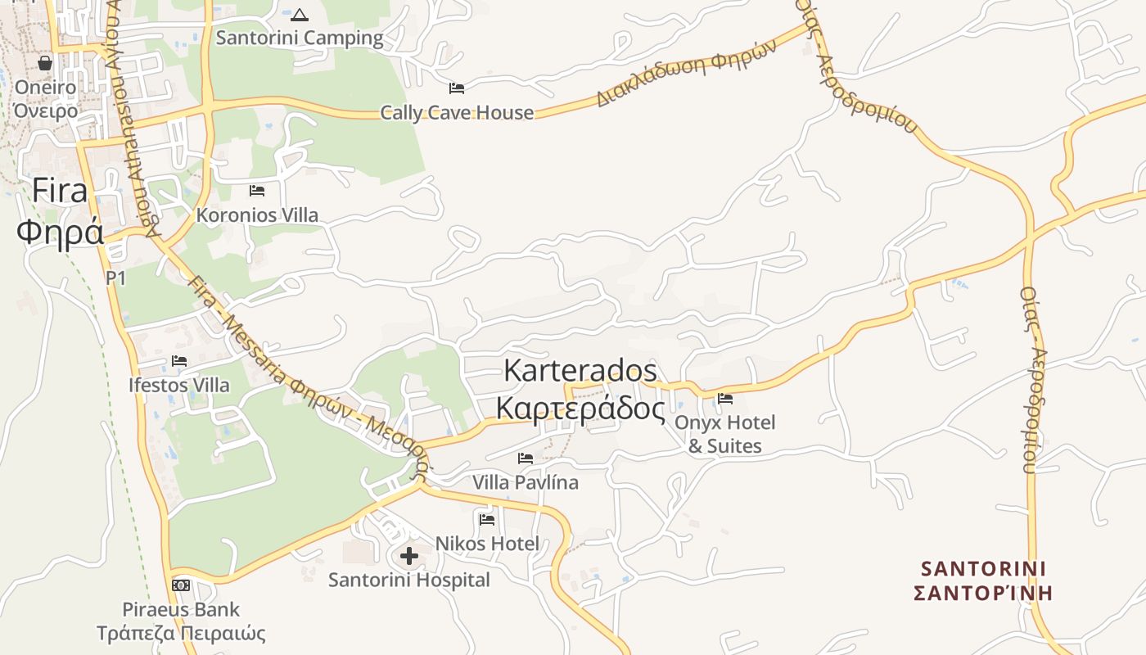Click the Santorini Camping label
[x=300, y=38]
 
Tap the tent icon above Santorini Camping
[x=300, y=15]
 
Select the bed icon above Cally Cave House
[x=457, y=88]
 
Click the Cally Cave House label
[x=457, y=113]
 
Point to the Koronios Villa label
[x=257, y=215]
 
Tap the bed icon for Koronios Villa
[x=257, y=191]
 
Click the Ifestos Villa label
[x=179, y=385]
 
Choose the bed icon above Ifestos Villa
[x=179, y=361]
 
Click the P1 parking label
[x=116, y=278]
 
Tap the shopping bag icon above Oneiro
[x=45, y=63]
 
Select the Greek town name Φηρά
[x=61, y=233]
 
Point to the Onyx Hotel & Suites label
[x=724, y=434]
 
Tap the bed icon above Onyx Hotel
[x=724, y=400]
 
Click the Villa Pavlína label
[x=526, y=482]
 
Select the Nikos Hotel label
[x=487, y=544]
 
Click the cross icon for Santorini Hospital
[x=409, y=557]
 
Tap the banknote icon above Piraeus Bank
[x=181, y=585]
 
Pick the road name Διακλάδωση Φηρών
[x=686, y=73]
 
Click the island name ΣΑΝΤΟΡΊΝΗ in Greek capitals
[x=982, y=592]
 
